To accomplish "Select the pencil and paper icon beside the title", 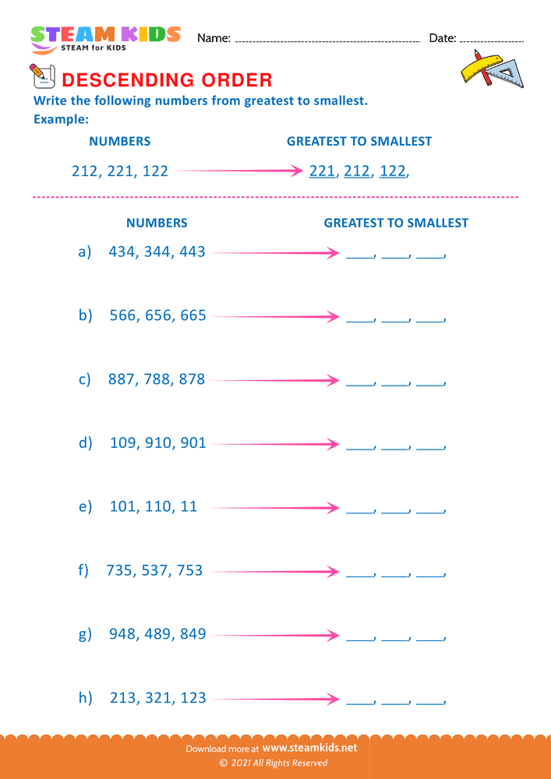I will [x=41, y=76].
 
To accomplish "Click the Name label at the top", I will [x=214, y=38].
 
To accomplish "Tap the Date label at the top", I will [x=442, y=38].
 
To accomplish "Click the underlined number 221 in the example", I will [x=321, y=171].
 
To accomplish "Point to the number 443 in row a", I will [x=191, y=252].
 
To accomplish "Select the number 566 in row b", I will [x=122, y=315].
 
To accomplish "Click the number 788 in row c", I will [x=157, y=379].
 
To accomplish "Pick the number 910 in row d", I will [x=157, y=442].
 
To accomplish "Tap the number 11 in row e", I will [x=188, y=506].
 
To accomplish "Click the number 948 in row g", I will [x=122, y=634].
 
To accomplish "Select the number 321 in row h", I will [x=157, y=697].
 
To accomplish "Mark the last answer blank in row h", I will [x=429, y=701].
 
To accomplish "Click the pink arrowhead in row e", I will [x=334, y=508].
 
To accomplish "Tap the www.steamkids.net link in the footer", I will [x=315, y=748].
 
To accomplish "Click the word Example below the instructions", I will [x=61, y=120].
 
